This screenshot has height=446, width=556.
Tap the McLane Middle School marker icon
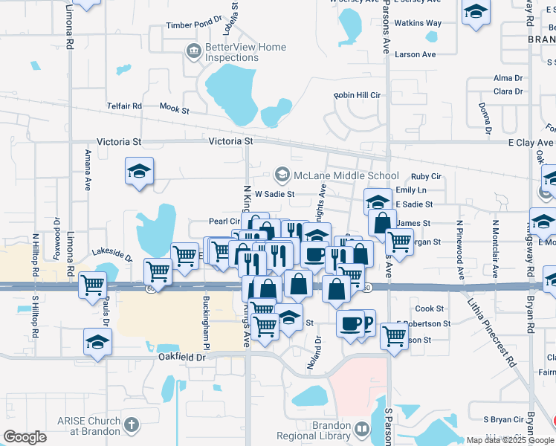(x=282, y=175)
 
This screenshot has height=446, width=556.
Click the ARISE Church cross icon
(x=132, y=425)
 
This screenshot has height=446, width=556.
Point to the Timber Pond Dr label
(x=195, y=25)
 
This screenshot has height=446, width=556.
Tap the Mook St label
(x=175, y=109)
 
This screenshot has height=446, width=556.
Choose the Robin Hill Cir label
(x=357, y=95)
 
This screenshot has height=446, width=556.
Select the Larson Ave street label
(x=416, y=54)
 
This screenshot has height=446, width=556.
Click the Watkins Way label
(x=418, y=23)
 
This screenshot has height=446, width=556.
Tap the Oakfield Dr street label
(x=181, y=357)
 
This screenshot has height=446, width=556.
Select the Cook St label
(x=429, y=308)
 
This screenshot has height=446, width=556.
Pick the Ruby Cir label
(x=426, y=176)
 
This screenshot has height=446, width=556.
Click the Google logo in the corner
(x=25, y=438)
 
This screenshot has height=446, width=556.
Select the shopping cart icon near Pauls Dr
(x=93, y=283)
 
